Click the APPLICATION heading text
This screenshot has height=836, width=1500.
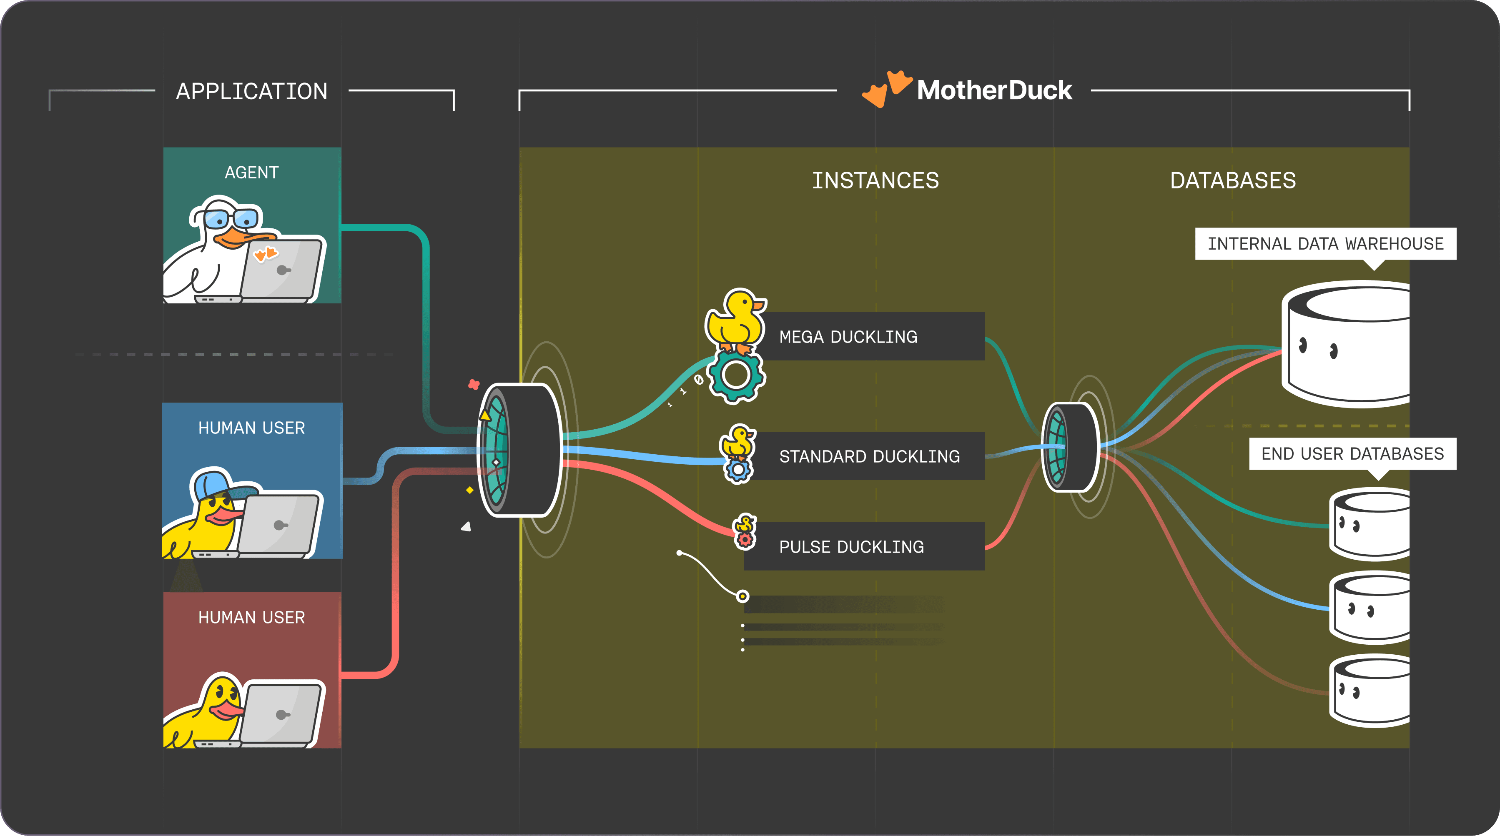251,91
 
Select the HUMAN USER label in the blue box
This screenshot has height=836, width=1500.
251,428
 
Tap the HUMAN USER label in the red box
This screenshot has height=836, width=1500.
251,617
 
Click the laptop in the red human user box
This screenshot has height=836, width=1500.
282,715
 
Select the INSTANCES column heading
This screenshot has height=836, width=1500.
875,180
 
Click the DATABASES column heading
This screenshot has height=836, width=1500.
1233,180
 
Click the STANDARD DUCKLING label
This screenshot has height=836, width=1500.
869,456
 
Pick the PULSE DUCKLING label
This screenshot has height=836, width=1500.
851,547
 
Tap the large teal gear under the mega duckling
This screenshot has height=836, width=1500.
736,375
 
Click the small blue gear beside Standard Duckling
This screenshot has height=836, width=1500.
738,470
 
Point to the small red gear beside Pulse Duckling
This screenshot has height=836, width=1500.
745,540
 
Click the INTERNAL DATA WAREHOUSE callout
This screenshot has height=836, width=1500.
1325,243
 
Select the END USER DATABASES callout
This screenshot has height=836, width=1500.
1352,453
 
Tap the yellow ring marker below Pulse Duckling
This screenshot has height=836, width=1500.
742,596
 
